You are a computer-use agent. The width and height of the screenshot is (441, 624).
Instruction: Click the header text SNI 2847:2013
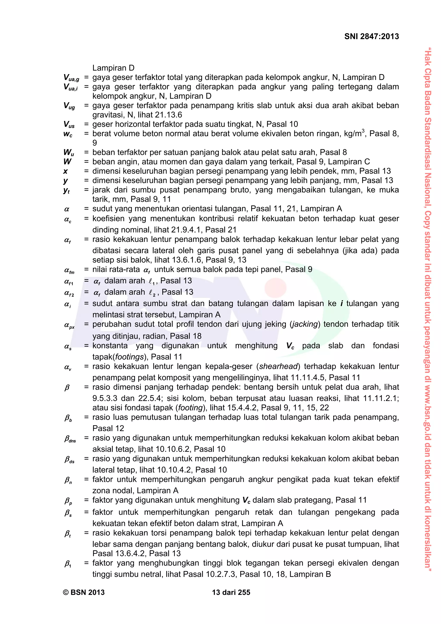pos(371,36)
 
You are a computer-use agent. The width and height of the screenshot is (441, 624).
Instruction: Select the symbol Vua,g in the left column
pos(71,78)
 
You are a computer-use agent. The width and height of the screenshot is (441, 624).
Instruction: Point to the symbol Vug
pos(69,106)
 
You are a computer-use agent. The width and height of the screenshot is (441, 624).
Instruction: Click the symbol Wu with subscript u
pos(69,152)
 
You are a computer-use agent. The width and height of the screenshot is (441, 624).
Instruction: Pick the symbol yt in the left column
pos(67,190)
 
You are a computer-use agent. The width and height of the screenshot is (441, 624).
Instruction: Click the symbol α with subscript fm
pos(69,270)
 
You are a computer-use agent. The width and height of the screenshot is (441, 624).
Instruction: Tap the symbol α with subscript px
pos(69,325)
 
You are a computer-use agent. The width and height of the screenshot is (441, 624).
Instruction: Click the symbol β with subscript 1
pos(68,564)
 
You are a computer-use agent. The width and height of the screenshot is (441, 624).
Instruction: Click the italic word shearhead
pos(278,366)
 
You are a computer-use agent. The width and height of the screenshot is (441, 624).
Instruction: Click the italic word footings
pos(130,357)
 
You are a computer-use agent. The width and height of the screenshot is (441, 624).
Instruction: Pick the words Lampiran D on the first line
pos(113,68)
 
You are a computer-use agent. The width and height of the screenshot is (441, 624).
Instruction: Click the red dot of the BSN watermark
pos(275,287)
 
